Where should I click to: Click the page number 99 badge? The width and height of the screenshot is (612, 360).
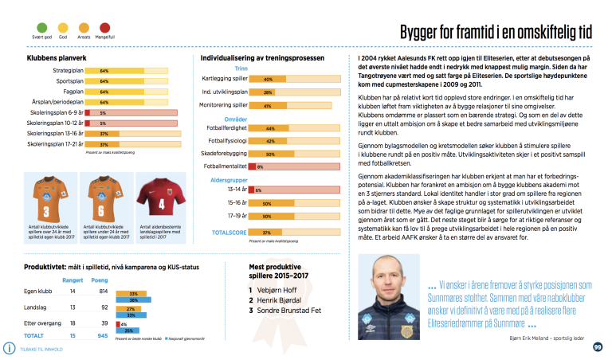[x=598, y=346]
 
